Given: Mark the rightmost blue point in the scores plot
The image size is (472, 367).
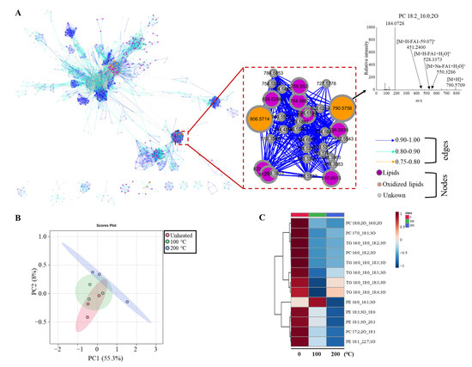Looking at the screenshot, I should [127, 302].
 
